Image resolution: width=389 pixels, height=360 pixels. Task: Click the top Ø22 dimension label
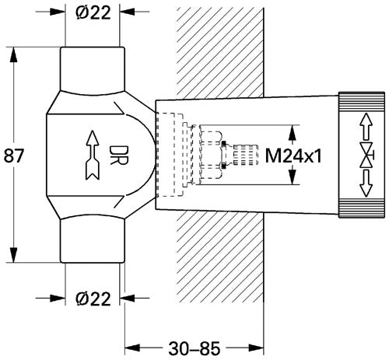(x=93, y=12)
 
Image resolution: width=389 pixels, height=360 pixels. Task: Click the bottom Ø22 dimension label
(x=93, y=299)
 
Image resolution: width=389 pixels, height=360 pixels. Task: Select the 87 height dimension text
(x=14, y=156)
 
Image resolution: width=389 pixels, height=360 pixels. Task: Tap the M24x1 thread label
(x=293, y=156)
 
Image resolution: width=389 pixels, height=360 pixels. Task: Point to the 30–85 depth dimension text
(x=194, y=348)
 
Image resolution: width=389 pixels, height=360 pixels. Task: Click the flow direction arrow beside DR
(x=93, y=156)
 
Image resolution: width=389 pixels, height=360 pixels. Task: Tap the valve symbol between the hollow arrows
(x=366, y=155)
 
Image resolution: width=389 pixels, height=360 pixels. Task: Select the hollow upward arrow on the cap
(x=366, y=127)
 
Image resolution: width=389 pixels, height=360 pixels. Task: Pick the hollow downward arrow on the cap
(x=366, y=183)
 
